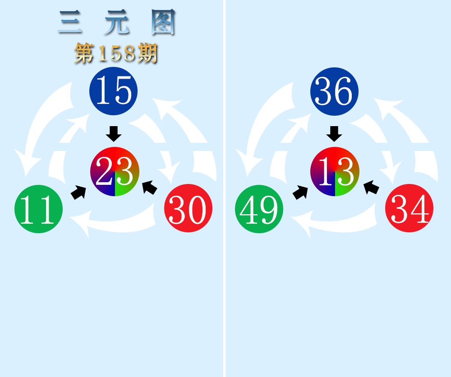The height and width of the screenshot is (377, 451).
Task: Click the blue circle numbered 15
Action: pyautogui.click(x=113, y=91)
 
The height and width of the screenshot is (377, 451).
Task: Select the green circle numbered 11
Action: pyautogui.click(x=38, y=209)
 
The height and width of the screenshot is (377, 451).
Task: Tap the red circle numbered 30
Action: pyautogui.click(x=189, y=208)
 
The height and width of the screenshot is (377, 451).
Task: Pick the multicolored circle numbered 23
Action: pyautogui.click(x=115, y=171)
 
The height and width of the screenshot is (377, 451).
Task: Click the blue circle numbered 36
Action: pyautogui.click(x=334, y=91)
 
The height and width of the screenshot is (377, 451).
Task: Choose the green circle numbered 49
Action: pyautogui.click(x=259, y=209)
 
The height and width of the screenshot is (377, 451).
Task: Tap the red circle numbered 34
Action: pyautogui.click(x=410, y=208)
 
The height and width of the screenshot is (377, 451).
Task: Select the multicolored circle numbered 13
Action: pyautogui.click(x=335, y=171)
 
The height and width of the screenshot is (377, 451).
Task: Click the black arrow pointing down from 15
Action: pyautogui.click(x=114, y=134)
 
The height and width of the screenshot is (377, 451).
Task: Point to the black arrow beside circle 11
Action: pyautogui.click(x=78, y=192)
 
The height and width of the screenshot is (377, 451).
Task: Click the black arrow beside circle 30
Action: pyautogui.click(x=150, y=188)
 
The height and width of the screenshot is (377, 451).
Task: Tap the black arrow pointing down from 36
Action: pyautogui.click(x=334, y=134)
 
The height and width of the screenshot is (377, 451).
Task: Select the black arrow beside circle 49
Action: pyautogui.click(x=300, y=192)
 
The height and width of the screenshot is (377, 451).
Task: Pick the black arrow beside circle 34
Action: pyautogui.click(x=371, y=188)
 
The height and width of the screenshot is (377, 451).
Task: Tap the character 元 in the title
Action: pyautogui.click(x=116, y=22)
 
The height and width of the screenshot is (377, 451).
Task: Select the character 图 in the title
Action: pyautogui.click(x=163, y=22)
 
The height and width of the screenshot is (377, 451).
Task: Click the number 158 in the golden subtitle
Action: pyautogui.click(x=116, y=53)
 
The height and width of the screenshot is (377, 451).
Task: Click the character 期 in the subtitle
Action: pyautogui.click(x=147, y=53)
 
